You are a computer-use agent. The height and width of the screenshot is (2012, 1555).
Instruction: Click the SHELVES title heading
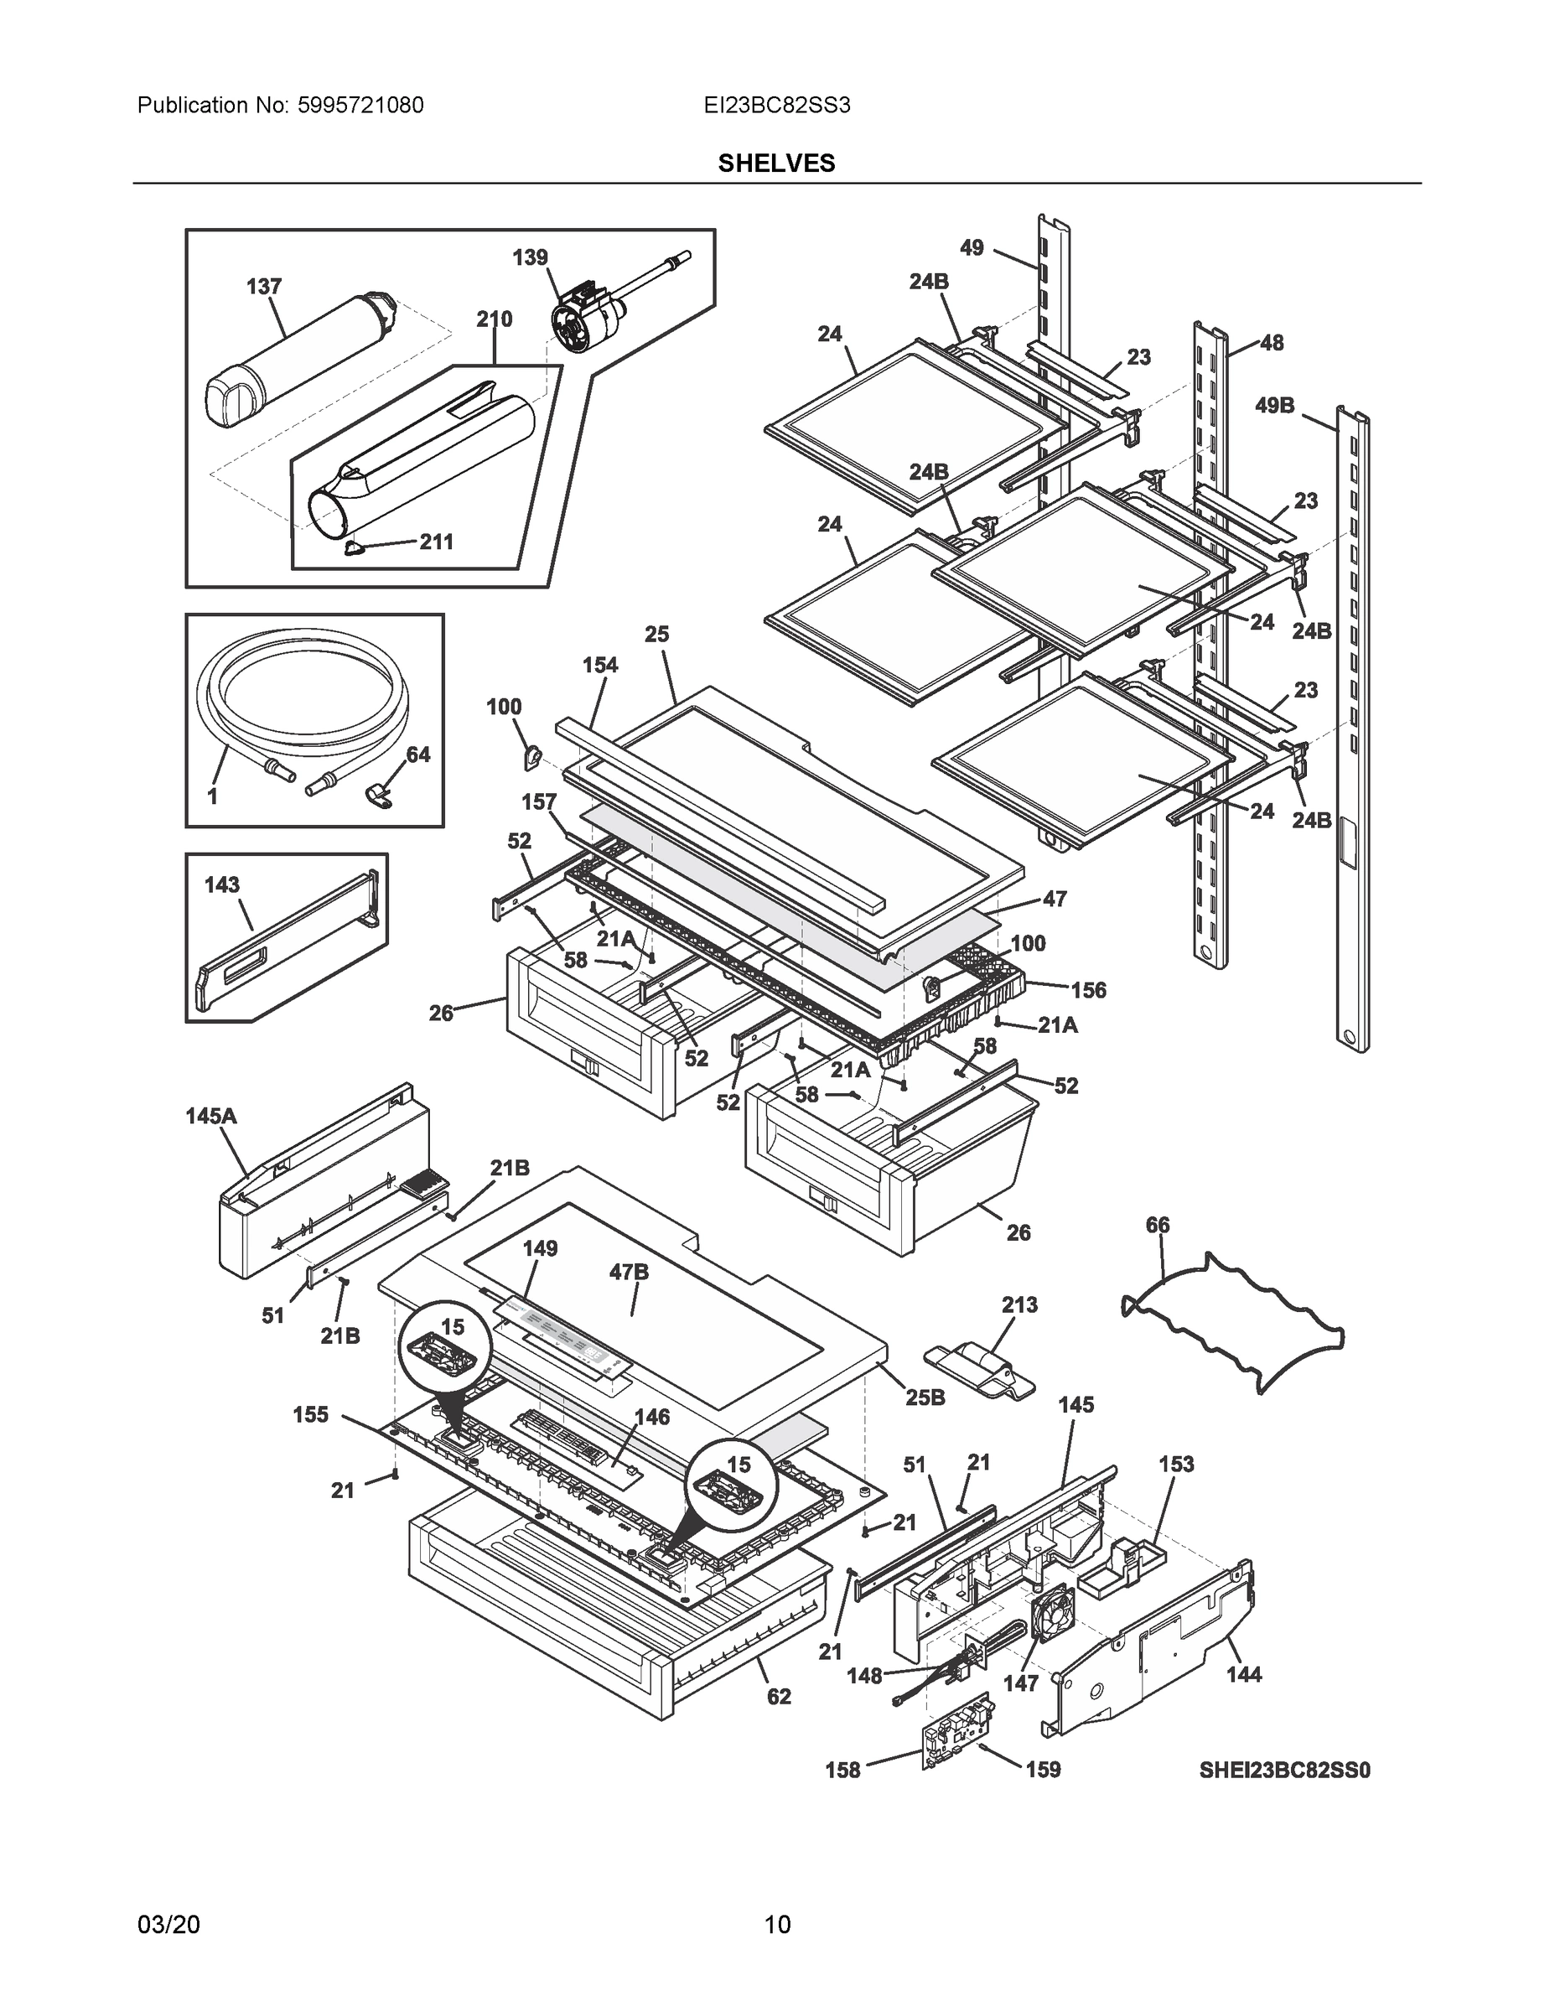[775, 163]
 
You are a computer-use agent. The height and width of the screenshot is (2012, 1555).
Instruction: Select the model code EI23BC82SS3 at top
[775, 106]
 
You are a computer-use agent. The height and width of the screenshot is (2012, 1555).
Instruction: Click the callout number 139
[530, 257]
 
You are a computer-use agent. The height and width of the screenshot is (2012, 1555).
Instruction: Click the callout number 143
[221, 884]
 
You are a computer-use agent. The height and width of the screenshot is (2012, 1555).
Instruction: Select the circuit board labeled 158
[958, 1733]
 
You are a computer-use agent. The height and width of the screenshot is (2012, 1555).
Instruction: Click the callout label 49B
[1274, 406]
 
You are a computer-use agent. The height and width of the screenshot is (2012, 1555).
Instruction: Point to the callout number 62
[779, 1696]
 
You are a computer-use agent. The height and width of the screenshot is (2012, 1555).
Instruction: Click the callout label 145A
[211, 1116]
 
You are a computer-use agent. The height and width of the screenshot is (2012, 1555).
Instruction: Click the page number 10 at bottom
[776, 1924]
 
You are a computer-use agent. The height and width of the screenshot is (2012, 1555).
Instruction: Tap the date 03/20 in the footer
[168, 1924]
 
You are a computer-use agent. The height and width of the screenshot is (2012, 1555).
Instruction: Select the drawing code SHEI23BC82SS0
[1284, 1770]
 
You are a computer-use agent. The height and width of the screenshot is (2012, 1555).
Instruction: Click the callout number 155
[310, 1414]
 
